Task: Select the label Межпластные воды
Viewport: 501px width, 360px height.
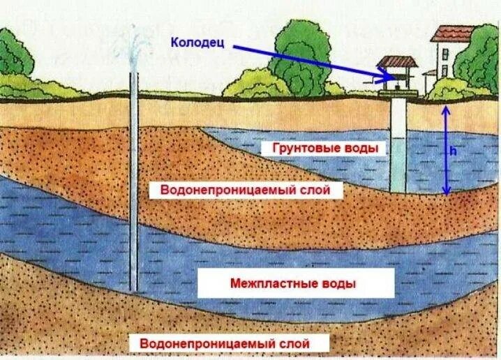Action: point(292,284)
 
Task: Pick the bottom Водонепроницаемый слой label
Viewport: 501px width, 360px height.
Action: point(224,343)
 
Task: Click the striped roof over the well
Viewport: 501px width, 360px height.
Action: point(398,62)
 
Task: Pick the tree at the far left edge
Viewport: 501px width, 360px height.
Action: point(13,59)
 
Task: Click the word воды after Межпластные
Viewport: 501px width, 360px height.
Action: point(339,284)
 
